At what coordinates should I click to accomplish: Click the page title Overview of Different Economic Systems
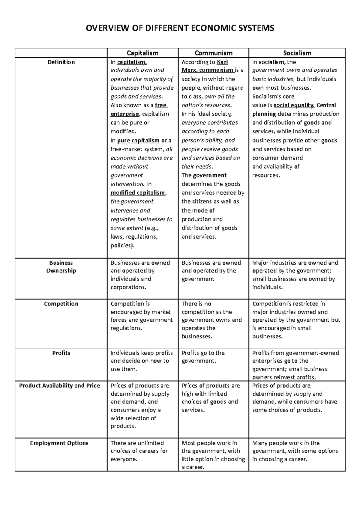[180, 28]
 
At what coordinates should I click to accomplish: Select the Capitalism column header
[142, 53]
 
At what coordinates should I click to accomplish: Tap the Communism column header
[213, 53]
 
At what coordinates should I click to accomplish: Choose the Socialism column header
[297, 53]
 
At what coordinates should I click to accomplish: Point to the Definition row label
[61, 62]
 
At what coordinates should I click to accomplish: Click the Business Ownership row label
[61, 266]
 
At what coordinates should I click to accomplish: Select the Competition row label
[61, 304]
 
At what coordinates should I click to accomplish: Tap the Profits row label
[61, 353]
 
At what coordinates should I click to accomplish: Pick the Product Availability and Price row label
[59, 385]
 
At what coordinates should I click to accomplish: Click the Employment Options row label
[59, 443]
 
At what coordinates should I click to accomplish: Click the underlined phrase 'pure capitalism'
[138, 141]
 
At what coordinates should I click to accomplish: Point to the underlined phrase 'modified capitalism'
[138, 193]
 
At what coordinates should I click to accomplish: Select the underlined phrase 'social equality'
[294, 105]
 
